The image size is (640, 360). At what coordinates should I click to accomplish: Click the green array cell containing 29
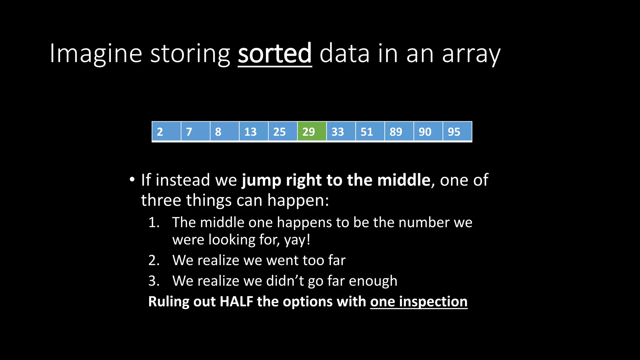312,132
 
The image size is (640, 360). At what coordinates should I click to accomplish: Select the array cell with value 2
166,132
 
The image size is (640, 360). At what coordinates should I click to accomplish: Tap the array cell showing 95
457,132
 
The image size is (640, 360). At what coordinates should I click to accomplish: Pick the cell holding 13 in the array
253,132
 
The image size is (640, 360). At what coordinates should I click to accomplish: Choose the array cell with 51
370,132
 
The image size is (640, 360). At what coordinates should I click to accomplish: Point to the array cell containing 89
399,132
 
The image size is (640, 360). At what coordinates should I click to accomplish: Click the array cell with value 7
195,132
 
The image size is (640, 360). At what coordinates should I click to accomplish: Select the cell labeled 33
341,132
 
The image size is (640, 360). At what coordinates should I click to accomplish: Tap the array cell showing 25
282,132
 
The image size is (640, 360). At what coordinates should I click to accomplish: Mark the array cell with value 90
428,132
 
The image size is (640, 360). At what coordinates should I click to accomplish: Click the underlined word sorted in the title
275,53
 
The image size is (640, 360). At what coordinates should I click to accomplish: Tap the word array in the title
471,54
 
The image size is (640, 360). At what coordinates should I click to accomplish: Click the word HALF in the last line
236,302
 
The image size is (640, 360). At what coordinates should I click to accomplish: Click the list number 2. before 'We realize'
154,260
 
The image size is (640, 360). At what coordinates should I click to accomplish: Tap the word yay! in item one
297,240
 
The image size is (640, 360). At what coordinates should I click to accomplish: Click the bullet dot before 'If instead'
132,180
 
